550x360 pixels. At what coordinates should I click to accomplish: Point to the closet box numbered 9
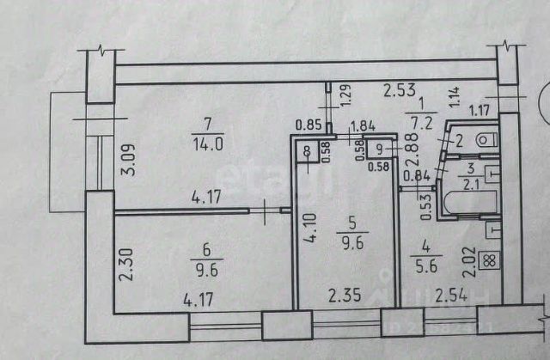click(x=381, y=148)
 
